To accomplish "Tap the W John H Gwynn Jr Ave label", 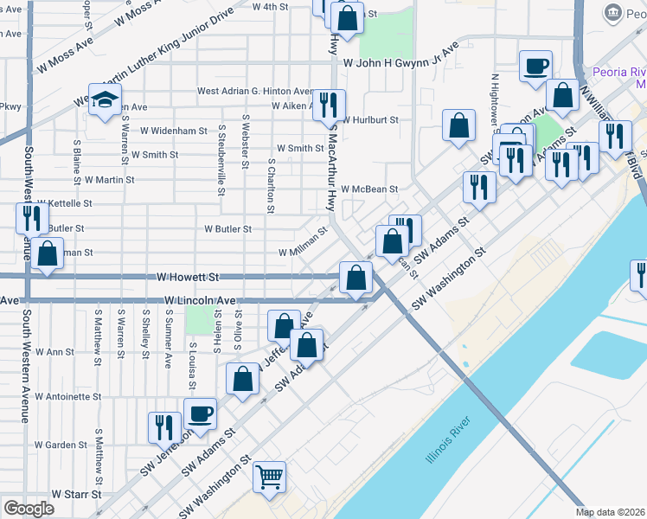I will pos(400,63).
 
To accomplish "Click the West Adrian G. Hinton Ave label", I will pos(255,91).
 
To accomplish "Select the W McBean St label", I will pos(369,189).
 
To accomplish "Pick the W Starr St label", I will pos(79,494).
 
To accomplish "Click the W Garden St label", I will pos(61,445).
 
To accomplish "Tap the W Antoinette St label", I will pos(68,397).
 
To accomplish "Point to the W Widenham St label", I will pos(174,131).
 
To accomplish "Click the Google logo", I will pos(29,509).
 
